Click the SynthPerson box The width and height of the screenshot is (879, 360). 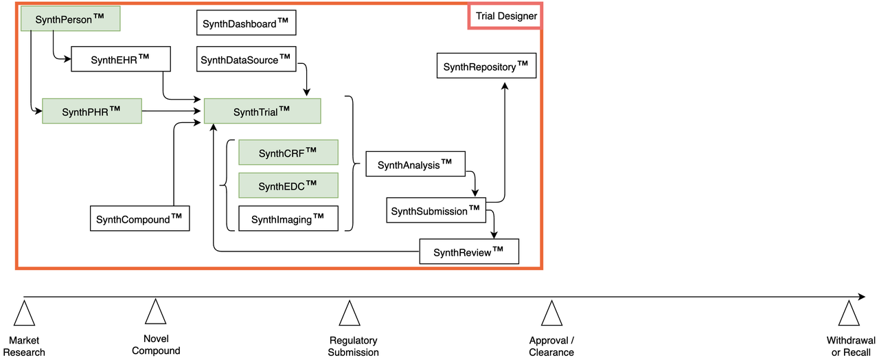(70, 19)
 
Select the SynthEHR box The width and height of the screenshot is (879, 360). (120, 59)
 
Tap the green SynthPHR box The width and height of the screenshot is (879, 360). (91, 111)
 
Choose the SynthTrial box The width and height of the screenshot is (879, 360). (262, 111)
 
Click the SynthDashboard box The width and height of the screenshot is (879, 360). (247, 23)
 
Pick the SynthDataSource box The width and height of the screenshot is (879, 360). (247, 59)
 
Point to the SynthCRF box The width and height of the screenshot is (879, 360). (288, 153)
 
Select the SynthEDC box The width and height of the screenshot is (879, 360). (288, 185)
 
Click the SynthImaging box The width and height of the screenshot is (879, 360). (288, 218)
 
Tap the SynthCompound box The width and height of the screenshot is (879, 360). (140, 218)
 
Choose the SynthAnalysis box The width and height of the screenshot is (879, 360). (416, 164)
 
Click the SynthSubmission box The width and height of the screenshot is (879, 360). (436, 210)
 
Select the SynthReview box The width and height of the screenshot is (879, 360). (469, 251)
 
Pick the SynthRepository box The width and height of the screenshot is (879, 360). (486, 66)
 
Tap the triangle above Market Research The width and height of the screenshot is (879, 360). (25, 314)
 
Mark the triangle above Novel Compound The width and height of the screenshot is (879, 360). (156, 312)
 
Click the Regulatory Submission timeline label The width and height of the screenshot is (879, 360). (353, 346)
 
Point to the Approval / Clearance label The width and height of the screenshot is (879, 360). (551, 346)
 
